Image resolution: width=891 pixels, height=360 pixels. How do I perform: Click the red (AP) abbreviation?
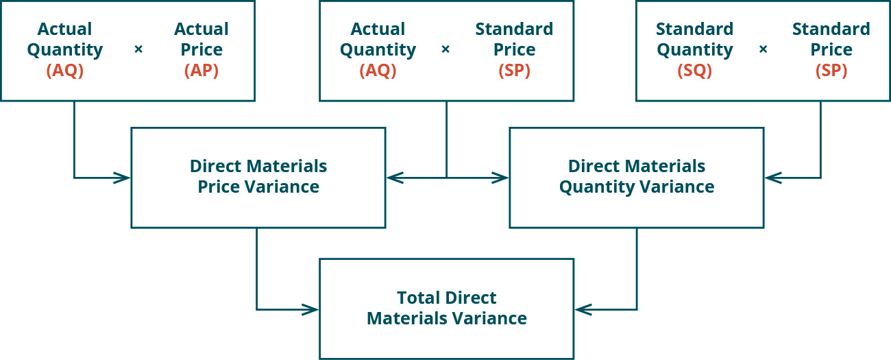[x=201, y=71]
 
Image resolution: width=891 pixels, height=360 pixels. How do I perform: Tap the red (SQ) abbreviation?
[x=694, y=71]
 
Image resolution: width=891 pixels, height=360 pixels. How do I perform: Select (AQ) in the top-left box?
[x=64, y=71]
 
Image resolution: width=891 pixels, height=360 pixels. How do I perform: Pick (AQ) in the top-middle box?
[x=378, y=71]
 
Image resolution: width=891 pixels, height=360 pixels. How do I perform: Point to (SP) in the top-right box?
[x=831, y=71]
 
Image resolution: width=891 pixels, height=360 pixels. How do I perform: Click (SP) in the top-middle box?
[x=514, y=71]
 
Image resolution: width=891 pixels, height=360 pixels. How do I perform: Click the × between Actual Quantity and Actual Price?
[x=138, y=50]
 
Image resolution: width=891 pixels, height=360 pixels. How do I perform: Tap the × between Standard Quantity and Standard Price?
[x=763, y=50]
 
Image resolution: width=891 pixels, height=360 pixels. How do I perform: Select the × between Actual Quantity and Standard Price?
[x=445, y=50]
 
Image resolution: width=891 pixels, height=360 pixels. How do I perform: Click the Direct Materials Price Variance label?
[x=258, y=177]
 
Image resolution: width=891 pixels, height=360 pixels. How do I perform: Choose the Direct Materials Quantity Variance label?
[x=636, y=177]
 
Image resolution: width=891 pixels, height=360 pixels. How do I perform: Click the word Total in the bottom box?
[x=418, y=298]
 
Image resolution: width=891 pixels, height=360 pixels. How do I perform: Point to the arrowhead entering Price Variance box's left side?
[x=124, y=178]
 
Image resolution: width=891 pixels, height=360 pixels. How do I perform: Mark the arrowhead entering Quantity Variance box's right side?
[x=771, y=178]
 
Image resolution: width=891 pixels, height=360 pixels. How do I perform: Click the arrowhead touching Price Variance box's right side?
[x=393, y=178]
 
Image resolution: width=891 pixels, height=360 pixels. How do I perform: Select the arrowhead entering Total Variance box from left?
[x=313, y=309]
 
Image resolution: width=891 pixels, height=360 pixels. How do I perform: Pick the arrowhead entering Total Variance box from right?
[x=581, y=309]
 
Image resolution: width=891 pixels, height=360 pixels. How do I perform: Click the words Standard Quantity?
[x=694, y=40]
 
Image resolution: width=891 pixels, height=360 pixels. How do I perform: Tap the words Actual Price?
[x=201, y=40]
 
